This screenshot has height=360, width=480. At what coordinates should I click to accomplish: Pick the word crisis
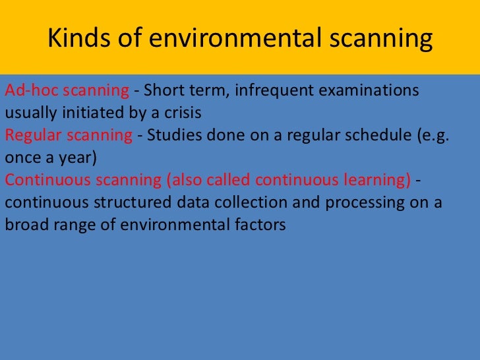point(179,113)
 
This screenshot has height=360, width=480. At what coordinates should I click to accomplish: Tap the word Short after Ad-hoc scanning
point(162,90)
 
